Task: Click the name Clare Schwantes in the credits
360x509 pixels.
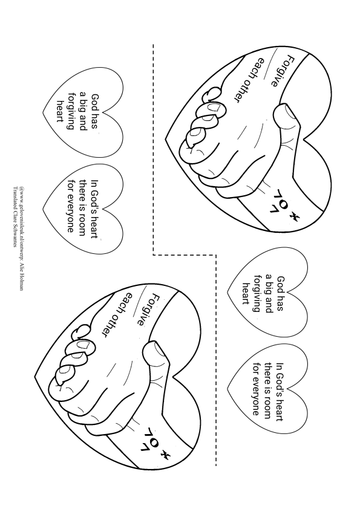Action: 15,229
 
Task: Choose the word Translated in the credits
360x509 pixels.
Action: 15,198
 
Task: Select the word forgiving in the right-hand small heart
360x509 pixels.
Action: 258,293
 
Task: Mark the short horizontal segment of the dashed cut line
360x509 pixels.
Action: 185,255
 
